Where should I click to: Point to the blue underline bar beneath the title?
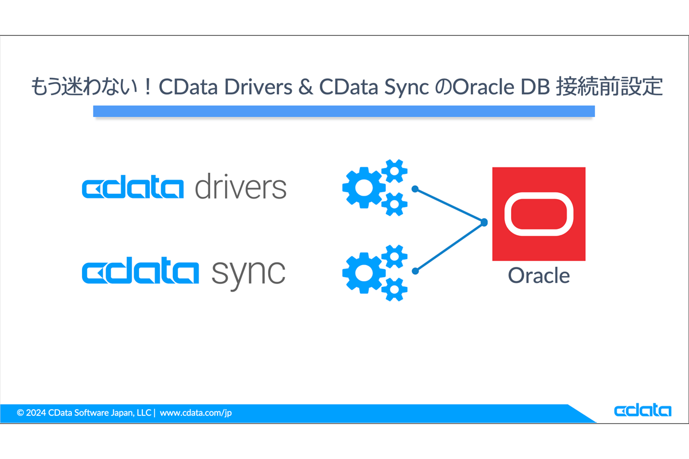click(343, 111)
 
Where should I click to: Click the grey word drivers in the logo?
click(240, 186)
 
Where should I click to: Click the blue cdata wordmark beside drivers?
click(133, 189)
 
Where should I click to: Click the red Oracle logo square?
click(539, 213)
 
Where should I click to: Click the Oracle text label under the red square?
click(539, 275)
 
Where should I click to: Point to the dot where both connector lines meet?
click(484, 222)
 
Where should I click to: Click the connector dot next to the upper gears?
click(415, 188)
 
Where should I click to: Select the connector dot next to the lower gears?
click(415, 268)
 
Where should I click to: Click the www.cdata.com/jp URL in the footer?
click(196, 413)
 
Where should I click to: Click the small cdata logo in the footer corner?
click(642, 411)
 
